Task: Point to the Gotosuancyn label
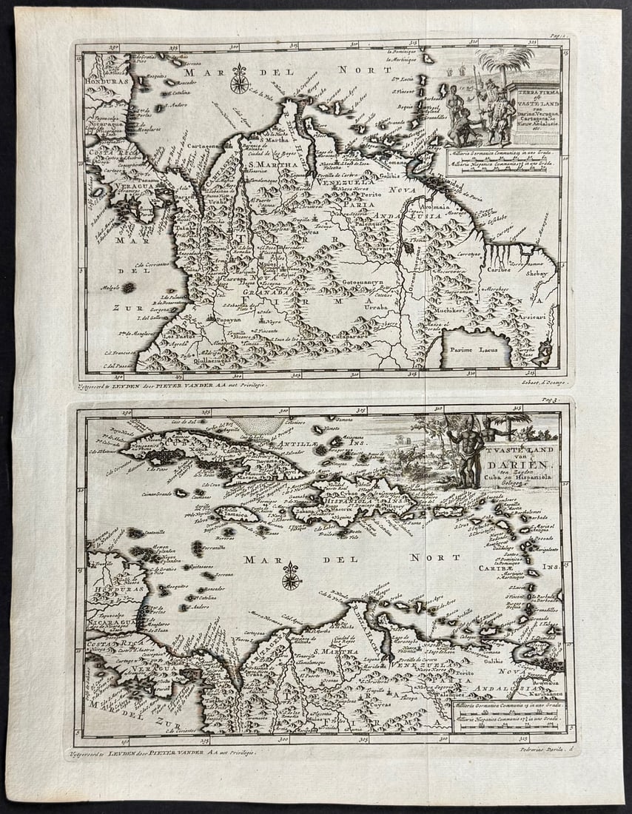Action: pos(362,283)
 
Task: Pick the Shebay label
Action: pos(537,273)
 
